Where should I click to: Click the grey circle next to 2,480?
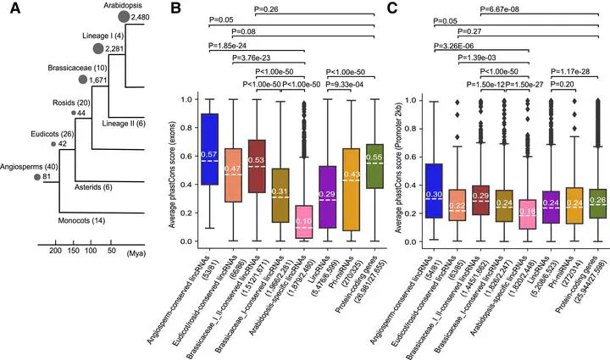(125, 17)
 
